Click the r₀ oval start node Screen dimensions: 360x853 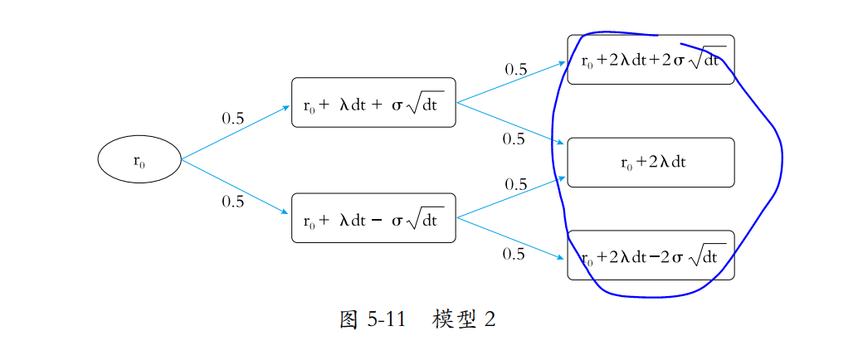[x=139, y=158]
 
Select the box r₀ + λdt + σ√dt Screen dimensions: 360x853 [x=373, y=103]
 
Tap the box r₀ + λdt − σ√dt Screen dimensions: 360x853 [x=373, y=218]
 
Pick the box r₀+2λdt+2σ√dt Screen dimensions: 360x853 [x=651, y=60]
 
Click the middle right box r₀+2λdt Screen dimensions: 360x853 [x=651, y=163]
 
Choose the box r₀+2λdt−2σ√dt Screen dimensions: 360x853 [x=651, y=255]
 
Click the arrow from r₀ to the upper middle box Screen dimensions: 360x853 [x=236, y=132]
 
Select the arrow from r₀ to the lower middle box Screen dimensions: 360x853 [x=236, y=185]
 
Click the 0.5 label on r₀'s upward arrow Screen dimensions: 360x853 [x=233, y=119]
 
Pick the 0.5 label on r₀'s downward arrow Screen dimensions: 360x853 [x=233, y=202]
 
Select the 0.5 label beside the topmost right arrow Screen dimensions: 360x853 [x=516, y=70]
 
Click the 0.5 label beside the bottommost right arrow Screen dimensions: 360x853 [x=514, y=255]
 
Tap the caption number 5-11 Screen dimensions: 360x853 [x=386, y=320]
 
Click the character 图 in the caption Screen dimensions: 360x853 [x=349, y=320]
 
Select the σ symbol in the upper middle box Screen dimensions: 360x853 [x=397, y=105]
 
